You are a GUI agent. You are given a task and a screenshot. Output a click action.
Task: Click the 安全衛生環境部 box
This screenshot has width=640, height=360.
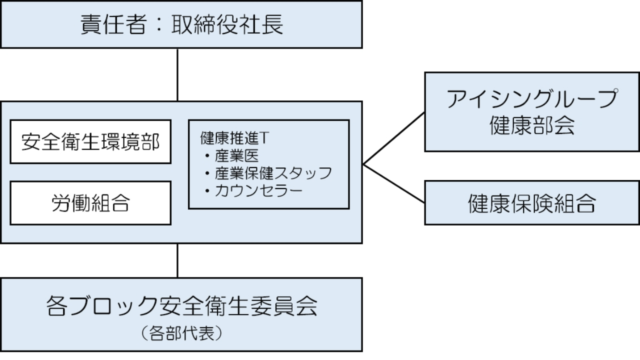point(90,142)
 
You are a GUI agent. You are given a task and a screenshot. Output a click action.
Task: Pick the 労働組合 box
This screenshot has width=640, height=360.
point(90,203)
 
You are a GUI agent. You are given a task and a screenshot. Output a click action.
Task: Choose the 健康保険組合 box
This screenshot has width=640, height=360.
point(531,203)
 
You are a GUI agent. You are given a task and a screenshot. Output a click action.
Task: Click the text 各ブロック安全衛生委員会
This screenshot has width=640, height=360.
point(181,305)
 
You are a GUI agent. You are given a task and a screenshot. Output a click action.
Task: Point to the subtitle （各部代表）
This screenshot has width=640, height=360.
point(181,332)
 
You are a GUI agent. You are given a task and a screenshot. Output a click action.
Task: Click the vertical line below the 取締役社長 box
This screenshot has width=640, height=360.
point(178,75)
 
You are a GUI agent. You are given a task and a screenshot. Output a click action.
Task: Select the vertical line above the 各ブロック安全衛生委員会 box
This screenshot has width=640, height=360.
point(178,260)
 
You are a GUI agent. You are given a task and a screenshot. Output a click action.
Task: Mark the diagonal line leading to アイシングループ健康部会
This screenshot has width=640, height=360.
point(394,138)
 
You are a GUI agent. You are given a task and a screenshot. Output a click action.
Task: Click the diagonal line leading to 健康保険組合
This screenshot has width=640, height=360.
point(394,184)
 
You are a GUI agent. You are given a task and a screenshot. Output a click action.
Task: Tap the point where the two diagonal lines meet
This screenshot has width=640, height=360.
point(363,164)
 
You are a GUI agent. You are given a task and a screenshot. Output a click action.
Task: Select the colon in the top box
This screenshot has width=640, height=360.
point(159,24)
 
